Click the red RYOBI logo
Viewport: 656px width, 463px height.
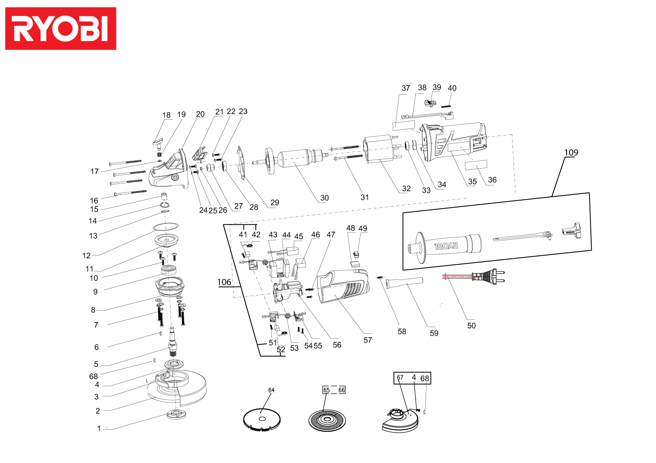tap(61, 29)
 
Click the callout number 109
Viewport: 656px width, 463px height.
tap(571, 153)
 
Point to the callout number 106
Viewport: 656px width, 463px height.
tap(224, 282)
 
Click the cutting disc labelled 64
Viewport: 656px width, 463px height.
tap(262, 420)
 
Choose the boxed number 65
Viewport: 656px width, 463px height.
tap(326, 390)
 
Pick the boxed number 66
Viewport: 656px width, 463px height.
tap(342, 390)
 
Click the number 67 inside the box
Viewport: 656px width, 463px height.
tap(400, 378)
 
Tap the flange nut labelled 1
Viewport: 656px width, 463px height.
tap(176, 414)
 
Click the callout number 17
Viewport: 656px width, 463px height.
tap(94, 172)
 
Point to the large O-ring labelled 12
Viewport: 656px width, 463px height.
tap(166, 226)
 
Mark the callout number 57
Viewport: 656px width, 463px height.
tap(368, 340)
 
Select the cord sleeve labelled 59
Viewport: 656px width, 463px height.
tap(404, 283)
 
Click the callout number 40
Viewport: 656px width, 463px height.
tap(452, 88)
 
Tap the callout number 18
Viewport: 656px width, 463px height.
tap(166, 115)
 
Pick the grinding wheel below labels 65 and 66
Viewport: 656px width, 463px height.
tap(327, 420)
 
